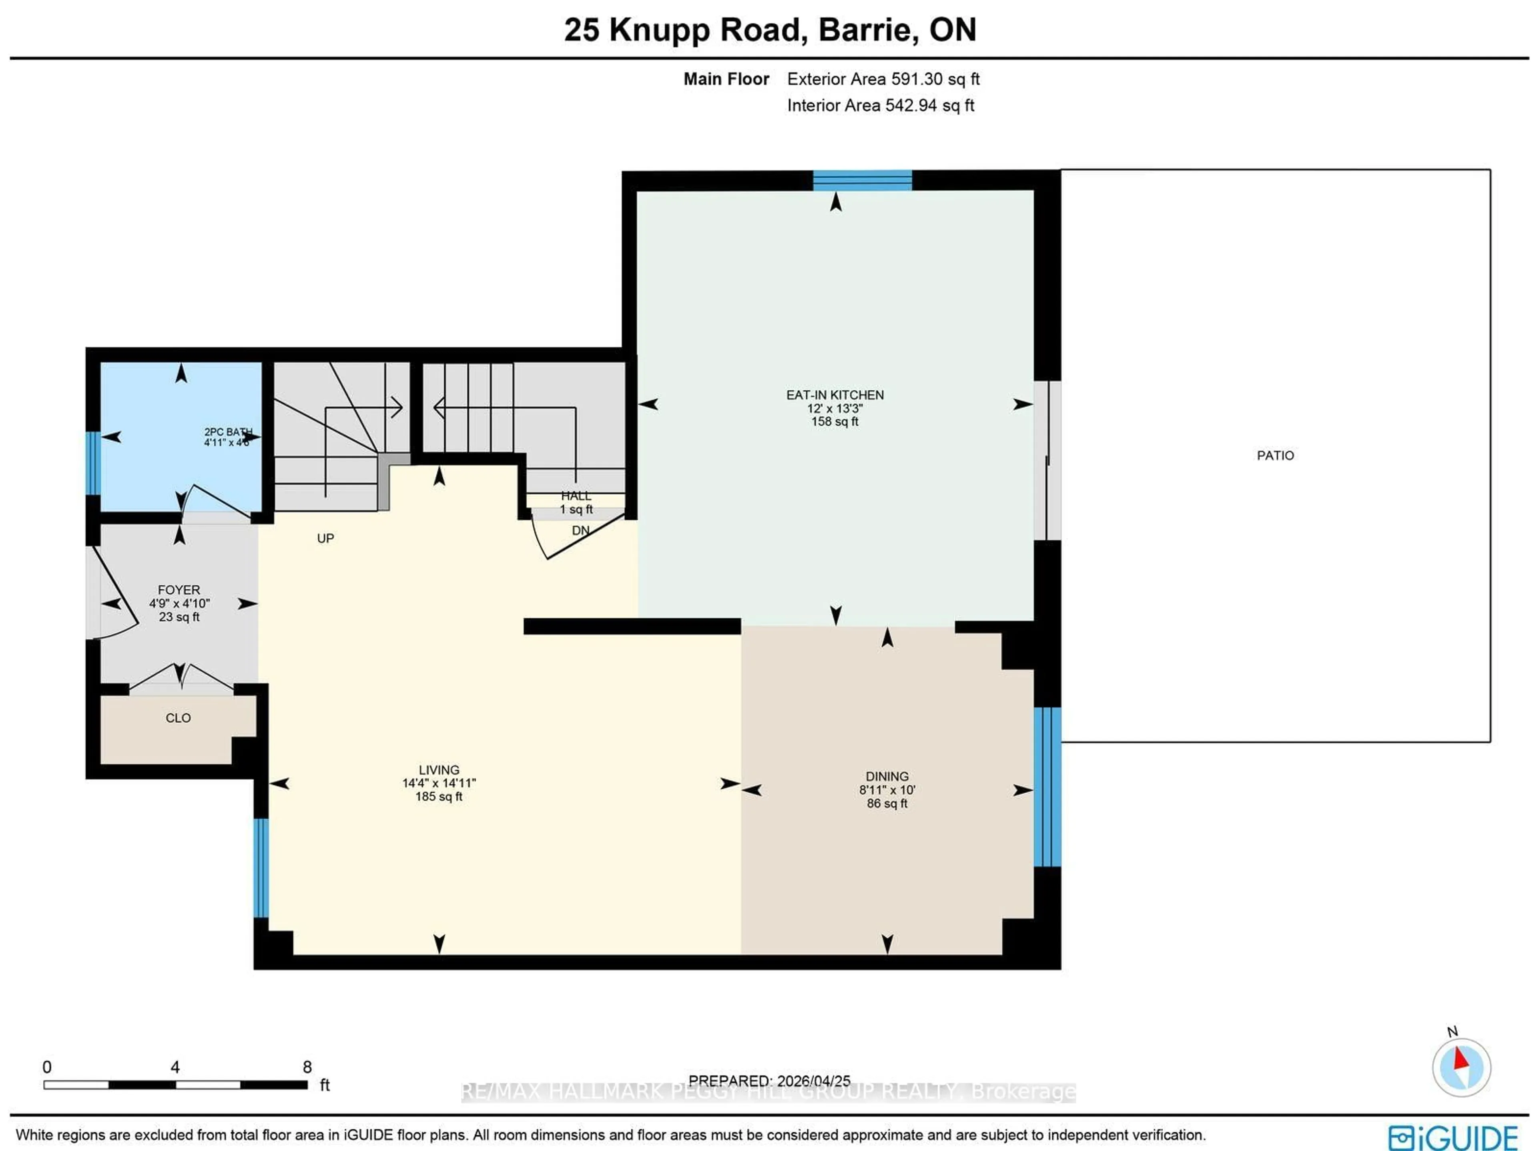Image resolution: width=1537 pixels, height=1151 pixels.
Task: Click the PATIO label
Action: tap(1275, 455)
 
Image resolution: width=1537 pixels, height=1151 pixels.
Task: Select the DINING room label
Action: tap(887, 776)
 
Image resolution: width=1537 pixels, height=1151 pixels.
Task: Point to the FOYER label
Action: tap(179, 589)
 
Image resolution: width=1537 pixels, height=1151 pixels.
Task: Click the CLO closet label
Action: tap(178, 718)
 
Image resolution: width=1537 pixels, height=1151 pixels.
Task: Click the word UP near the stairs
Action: tap(325, 538)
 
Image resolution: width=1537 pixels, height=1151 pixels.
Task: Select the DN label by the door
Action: tap(580, 530)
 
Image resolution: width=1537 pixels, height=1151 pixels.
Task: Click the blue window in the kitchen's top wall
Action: tap(862, 180)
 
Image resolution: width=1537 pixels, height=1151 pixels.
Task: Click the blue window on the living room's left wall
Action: tap(261, 868)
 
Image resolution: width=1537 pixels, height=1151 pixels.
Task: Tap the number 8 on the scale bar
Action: tap(307, 1066)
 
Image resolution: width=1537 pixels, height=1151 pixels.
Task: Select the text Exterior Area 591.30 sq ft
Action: tap(883, 79)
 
